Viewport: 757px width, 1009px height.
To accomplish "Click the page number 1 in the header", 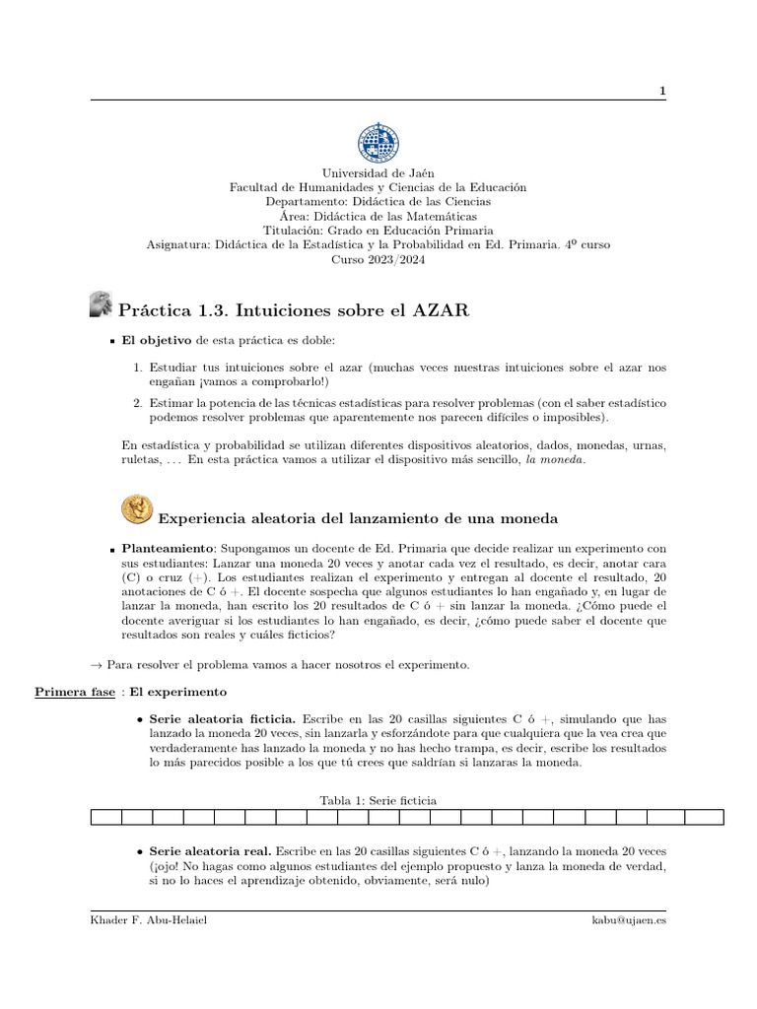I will (x=662, y=91).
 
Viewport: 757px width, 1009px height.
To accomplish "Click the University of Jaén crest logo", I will (x=378, y=144).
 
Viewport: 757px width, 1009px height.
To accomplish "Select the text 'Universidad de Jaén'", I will (x=378, y=173).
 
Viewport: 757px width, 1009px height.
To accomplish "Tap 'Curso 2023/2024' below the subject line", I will (x=378, y=260).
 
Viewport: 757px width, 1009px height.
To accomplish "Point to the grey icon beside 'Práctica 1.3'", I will (x=101, y=305).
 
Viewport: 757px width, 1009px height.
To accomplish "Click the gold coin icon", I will (x=136, y=509).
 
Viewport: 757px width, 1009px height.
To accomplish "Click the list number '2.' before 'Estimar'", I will (x=138, y=403).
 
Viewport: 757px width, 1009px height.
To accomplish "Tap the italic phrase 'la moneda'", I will (x=556, y=460).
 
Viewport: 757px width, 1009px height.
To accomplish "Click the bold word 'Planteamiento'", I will (x=167, y=548).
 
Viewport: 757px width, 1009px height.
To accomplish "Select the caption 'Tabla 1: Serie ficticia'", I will (x=378, y=799).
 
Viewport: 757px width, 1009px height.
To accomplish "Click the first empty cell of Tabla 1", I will (x=106, y=817).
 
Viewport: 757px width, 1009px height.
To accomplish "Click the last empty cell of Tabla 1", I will (x=704, y=817).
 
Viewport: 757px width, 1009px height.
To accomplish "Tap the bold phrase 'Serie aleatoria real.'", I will (x=210, y=849).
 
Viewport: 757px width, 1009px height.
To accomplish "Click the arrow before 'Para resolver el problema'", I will (x=97, y=665).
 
